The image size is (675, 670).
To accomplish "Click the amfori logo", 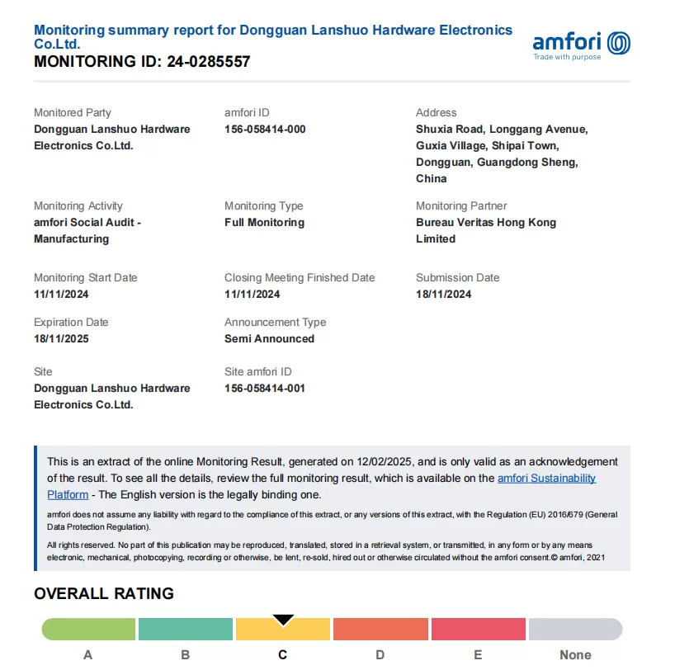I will pos(581,45).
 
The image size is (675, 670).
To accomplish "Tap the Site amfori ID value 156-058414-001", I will pos(265,388).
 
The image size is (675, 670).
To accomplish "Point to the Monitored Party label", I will pos(72,112).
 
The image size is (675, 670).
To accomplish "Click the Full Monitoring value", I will pos(264,222).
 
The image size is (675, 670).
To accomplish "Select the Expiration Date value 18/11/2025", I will pos(61,338).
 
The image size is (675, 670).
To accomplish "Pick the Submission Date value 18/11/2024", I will pos(443,294).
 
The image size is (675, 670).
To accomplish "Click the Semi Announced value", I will pos(269,338).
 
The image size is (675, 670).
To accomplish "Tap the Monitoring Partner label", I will pos(461,205).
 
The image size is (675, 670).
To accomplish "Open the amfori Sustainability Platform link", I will pos(546,479).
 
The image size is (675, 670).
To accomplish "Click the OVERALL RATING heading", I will pos(104,593).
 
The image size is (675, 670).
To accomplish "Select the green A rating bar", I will pos(88,630).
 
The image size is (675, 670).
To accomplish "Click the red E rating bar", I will pos(478,630).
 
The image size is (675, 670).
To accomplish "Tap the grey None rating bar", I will pos(575,630).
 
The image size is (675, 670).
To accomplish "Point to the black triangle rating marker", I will pos(283,619).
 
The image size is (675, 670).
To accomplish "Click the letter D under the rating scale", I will pos(380,654).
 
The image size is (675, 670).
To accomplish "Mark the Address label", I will pos(436,112).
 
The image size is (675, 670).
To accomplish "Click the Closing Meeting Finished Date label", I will pos(300,277).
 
